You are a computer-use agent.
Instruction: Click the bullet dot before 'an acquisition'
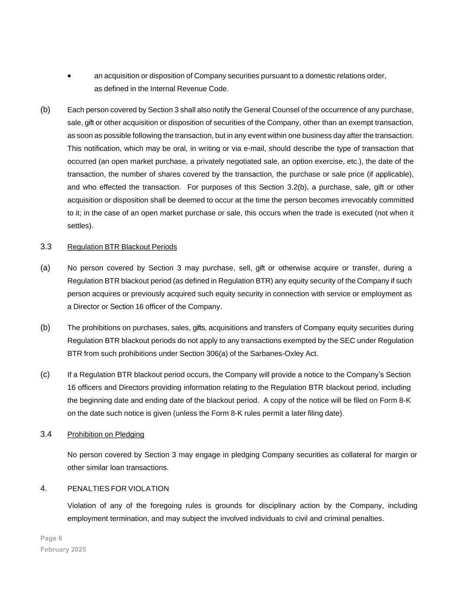[x=69, y=76]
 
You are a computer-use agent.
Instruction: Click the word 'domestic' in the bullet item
[x=319, y=76]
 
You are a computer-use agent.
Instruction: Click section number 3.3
[x=46, y=247]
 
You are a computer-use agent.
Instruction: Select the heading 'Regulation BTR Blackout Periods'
[x=122, y=247]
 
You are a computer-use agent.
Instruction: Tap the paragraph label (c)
[x=45, y=374]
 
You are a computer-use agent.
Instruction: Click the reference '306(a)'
[x=217, y=353]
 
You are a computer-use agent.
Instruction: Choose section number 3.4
[x=46, y=434]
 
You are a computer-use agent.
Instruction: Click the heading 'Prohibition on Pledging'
[x=105, y=434]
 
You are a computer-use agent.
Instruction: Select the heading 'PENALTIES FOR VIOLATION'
[x=118, y=489]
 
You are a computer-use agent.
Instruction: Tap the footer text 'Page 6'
[x=51, y=538]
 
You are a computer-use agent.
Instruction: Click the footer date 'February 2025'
[x=63, y=549]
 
